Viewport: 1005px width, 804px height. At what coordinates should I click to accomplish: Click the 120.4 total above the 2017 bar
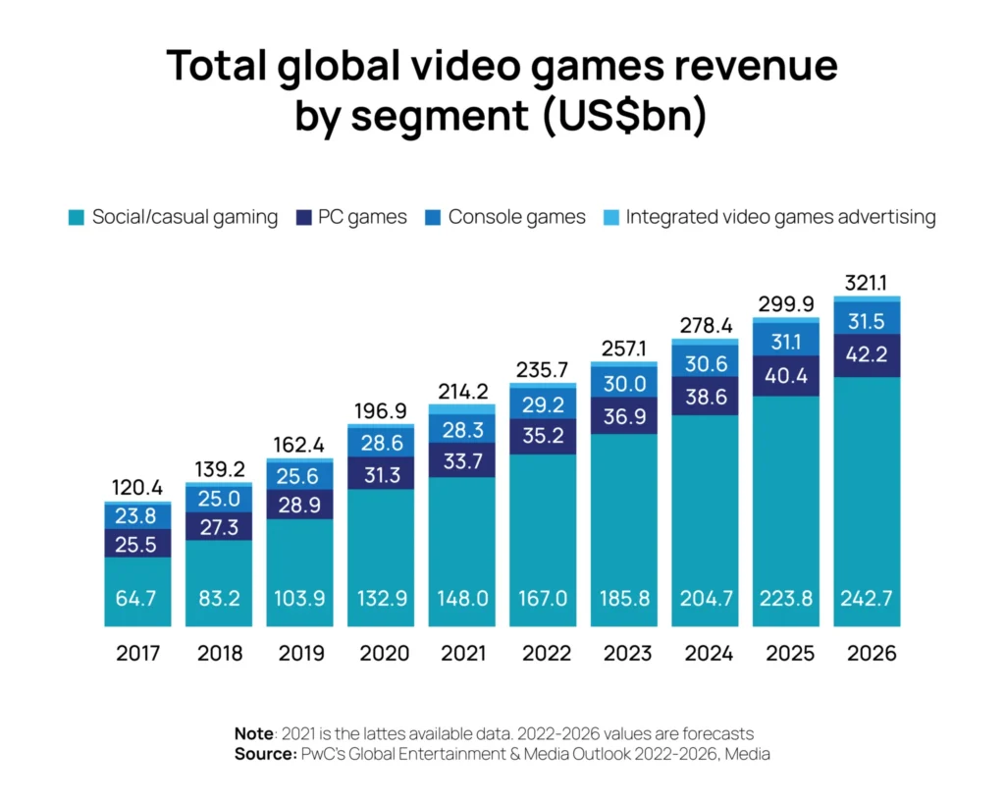click(137, 488)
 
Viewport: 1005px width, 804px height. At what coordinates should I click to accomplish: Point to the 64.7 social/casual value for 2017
click(137, 598)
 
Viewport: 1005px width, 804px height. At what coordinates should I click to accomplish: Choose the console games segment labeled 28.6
click(381, 441)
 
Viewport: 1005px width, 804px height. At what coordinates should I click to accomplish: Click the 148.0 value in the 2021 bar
click(462, 598)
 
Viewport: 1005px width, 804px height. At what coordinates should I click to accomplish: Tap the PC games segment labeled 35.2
click(543, 436)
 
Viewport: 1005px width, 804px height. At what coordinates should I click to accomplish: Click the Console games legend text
click(516, 217)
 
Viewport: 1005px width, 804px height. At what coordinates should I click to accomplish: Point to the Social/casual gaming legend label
click(185, 217)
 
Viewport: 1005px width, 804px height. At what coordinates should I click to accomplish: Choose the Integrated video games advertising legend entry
click(780, 217)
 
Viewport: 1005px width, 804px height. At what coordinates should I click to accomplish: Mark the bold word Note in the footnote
click(254, 733)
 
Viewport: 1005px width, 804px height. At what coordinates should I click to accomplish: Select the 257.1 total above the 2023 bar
click(624, 349)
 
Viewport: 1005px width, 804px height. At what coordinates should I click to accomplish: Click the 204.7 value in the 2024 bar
click(706, 598)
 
